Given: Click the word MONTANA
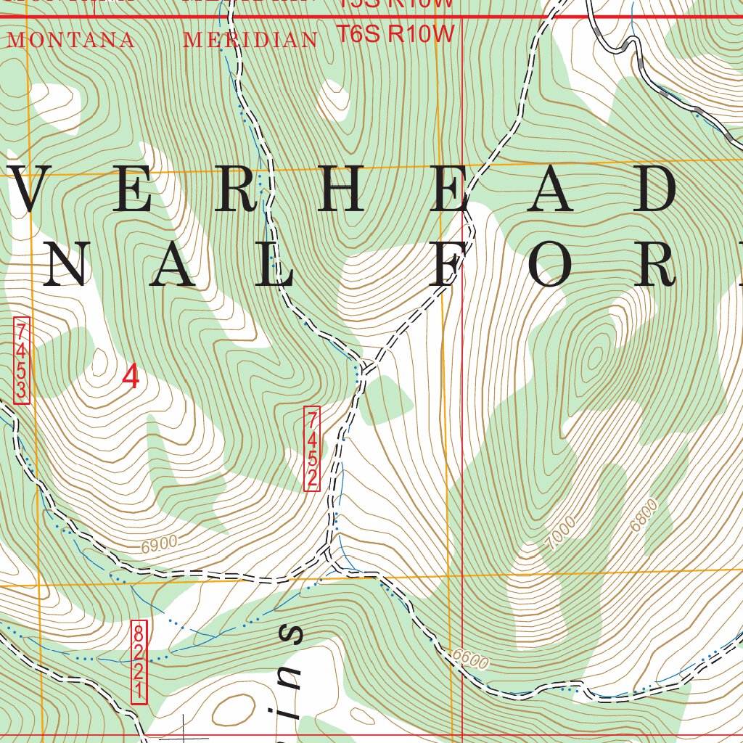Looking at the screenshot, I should (x=70, y=40).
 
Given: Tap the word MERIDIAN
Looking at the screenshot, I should (x=250, y=40).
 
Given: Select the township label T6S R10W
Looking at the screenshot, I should (x=396, y=33).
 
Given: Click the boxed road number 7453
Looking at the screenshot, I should (x=22, y=360).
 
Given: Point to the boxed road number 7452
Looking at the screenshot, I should (x=312, y=449).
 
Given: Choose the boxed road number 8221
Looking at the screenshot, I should (x=139, y=661).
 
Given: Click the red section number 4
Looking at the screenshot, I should (x=131, y=377).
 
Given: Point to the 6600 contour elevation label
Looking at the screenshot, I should (x=470, y=658).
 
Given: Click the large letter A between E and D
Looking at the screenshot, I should (x=554, y=189).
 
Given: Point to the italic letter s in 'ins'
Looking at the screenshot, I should (x=290, y=633).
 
